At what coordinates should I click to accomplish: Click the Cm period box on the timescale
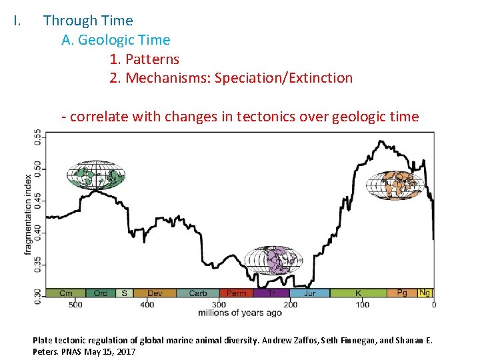[66, 293]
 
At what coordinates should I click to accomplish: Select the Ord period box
[100, 293]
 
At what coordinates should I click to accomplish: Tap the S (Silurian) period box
[124, 293]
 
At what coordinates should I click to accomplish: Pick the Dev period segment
[155, 293]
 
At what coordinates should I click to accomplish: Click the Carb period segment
[198, 293]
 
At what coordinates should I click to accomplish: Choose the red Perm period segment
[236, 293]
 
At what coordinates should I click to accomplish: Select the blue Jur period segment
[309, 293]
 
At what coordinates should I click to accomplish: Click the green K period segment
[358, 293]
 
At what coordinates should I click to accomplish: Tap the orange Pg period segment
[402, 293]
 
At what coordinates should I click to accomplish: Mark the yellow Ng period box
[425, 293]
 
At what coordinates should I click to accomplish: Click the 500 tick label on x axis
[75, 305]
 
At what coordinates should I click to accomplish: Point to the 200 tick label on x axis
[291, 305]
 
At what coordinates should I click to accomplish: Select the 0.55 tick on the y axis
[39, 138]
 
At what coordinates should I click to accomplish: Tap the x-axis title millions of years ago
[240, 313]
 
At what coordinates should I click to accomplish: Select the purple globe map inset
[273, 260]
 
